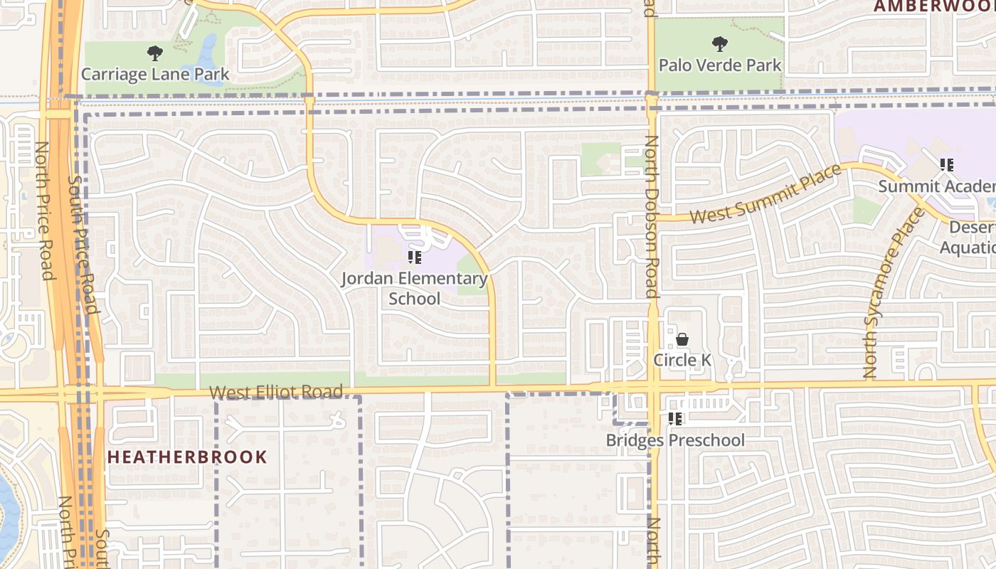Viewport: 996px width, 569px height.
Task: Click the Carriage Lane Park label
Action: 155,74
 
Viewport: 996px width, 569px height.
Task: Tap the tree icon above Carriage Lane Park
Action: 154,53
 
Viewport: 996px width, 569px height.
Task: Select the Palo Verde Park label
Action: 720,65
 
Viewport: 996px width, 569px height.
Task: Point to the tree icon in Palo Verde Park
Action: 719,43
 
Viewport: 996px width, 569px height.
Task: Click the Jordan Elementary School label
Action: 415,288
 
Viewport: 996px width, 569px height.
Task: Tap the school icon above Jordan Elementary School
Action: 415,257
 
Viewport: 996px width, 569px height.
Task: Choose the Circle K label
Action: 682,360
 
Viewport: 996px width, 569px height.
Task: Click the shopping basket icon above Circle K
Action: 682,339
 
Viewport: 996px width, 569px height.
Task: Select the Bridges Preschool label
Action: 675,440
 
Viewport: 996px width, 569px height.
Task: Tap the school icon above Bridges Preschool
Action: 675,419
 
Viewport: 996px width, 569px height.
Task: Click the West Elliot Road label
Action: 276,392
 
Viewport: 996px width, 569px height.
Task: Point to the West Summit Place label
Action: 765,193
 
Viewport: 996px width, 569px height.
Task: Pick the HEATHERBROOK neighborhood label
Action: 187,457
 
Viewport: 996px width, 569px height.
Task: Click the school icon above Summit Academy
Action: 946,165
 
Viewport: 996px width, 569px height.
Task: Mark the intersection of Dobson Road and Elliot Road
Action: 652,388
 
